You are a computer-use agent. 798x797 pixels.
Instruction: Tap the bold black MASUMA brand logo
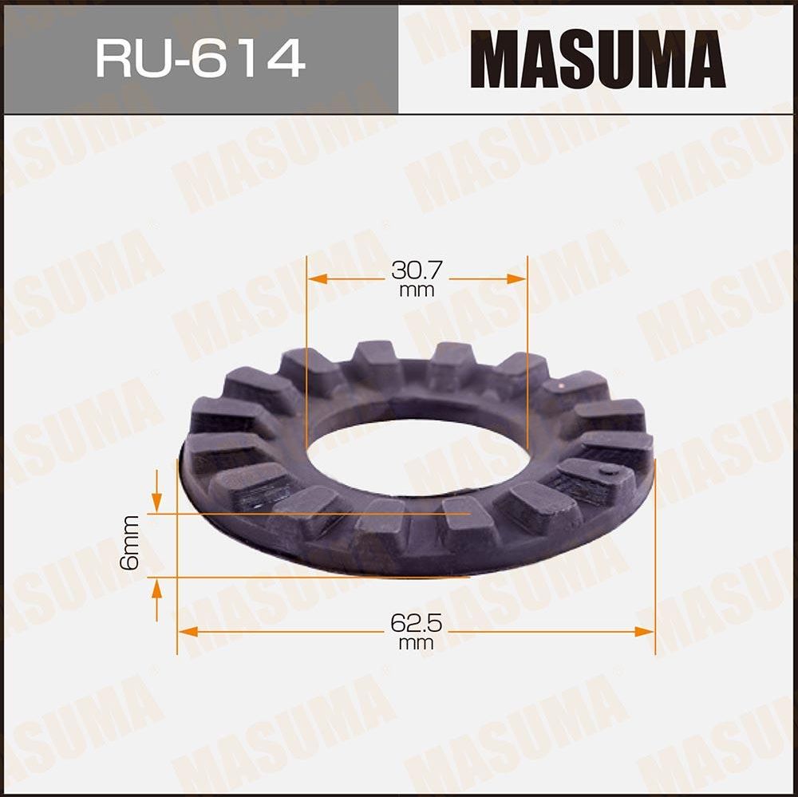tap(597, 59)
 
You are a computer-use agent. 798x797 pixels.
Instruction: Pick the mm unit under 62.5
tap(416, 643)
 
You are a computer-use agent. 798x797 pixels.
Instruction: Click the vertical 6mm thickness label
tap(130, 543)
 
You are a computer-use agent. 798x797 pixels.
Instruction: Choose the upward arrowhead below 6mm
tap(157, 589)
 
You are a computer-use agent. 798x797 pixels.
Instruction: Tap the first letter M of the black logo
tap(496, 59)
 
